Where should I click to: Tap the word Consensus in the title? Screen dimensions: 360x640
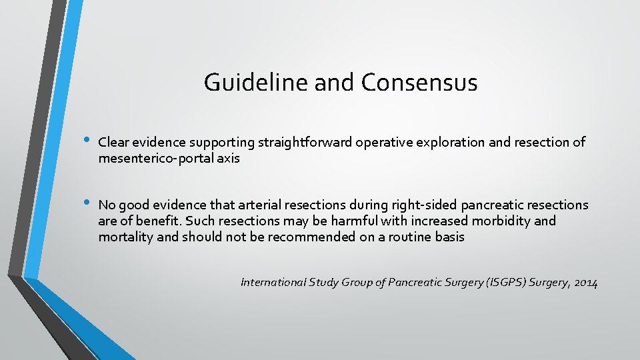pyautogui.click(x=419, y=83)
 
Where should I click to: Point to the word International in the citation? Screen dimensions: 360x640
pyautogui.click(x=273, y=283)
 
